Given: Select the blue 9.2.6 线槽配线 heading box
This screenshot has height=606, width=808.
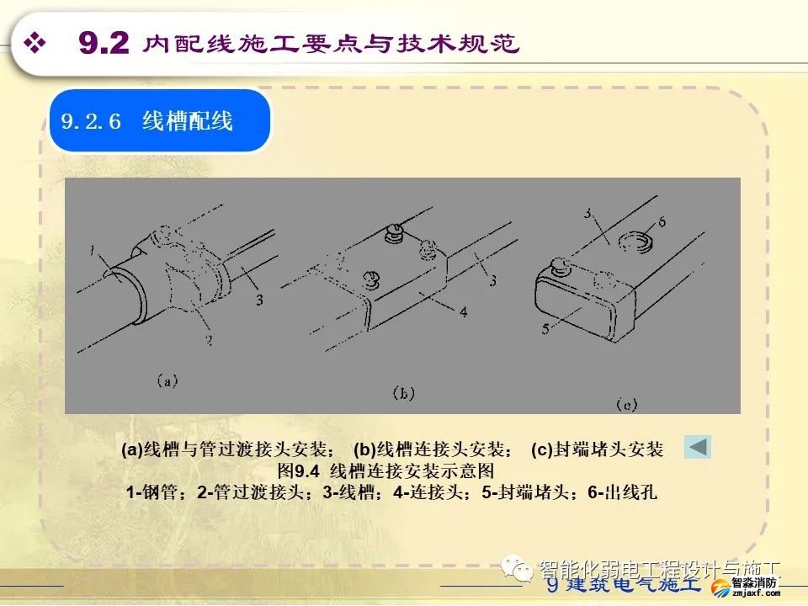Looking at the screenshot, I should point(159,121).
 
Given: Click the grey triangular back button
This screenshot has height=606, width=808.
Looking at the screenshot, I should point(697,447).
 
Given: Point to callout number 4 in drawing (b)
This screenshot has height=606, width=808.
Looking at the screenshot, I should point(464,311).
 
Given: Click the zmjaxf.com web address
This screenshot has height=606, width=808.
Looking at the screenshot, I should point(752,593).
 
